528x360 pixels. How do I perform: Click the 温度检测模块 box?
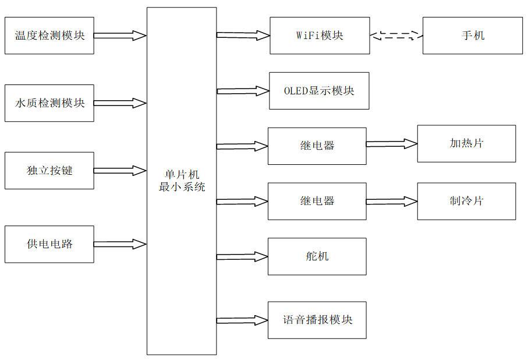(49, 36)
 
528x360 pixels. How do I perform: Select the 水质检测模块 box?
(49, 103)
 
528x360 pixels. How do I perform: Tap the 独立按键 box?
(49, 171)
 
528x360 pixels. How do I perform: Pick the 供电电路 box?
(49, 244)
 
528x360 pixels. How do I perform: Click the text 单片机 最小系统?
(182, 181)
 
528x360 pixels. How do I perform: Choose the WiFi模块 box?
(320, 36)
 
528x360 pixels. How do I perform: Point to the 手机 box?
(472, 36)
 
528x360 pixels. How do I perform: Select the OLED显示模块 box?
(319, 91)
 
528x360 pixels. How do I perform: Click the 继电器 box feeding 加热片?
(317, 146)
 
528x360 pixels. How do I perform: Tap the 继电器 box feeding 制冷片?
(317, 201)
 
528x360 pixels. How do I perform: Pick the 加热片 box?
(466, 143)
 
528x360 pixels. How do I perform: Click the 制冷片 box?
(466, 201)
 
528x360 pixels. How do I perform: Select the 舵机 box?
(317, 256)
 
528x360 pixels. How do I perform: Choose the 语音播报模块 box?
(317, 320)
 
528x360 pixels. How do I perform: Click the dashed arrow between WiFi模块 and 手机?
(396, 36)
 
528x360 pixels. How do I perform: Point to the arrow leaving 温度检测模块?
(120, 36)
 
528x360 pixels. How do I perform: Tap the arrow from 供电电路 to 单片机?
(120, 244)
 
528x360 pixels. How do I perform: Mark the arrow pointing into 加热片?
(392, 144)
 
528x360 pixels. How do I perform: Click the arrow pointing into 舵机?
(242, 256)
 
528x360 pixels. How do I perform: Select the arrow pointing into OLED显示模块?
(243, 91)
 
